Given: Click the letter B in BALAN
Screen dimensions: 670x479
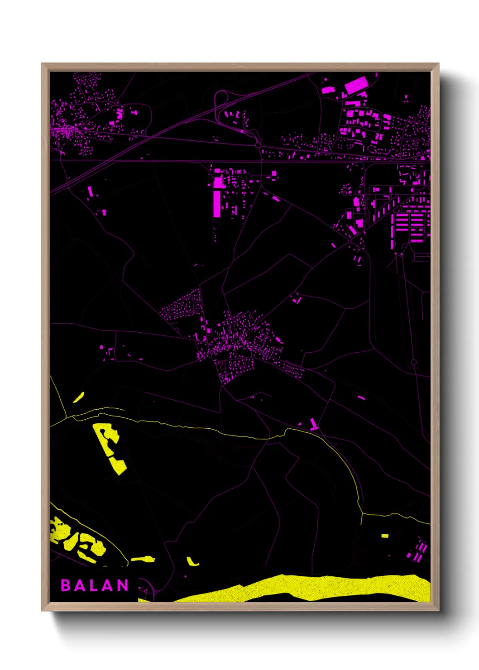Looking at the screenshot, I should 65,585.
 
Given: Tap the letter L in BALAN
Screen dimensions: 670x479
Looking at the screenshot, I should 94,585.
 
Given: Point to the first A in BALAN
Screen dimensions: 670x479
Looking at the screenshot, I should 79,585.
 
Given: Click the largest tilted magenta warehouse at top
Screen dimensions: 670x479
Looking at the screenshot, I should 356,85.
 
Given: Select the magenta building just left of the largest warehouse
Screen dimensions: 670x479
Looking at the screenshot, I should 328,90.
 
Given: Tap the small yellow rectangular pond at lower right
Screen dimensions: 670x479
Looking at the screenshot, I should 385,536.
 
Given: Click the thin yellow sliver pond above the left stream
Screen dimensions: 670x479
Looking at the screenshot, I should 79,397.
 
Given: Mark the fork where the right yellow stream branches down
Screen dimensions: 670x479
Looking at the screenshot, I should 362,514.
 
